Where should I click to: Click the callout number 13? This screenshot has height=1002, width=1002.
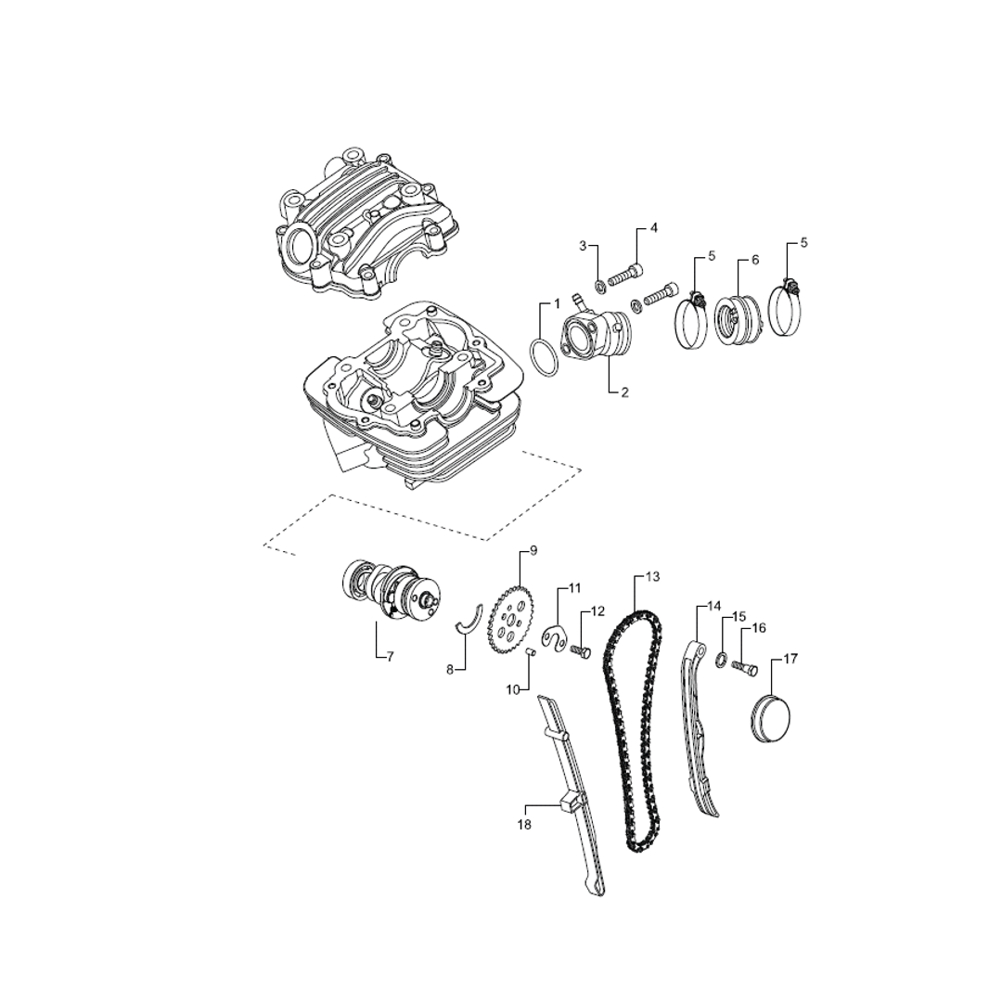(652, 577)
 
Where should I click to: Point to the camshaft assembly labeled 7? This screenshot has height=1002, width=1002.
(392, 589)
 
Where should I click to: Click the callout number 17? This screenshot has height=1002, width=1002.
(790, 659)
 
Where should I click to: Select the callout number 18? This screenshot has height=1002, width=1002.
(524, 825)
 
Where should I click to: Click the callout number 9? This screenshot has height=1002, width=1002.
(533, 549)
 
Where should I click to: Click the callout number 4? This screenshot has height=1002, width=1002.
(654, 228)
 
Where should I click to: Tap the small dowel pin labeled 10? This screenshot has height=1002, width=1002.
(530, 651)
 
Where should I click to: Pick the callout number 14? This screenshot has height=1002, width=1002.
(713, 605)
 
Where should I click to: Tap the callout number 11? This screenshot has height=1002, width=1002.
(575, 588)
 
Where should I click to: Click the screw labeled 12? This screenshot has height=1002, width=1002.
(580, 652)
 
